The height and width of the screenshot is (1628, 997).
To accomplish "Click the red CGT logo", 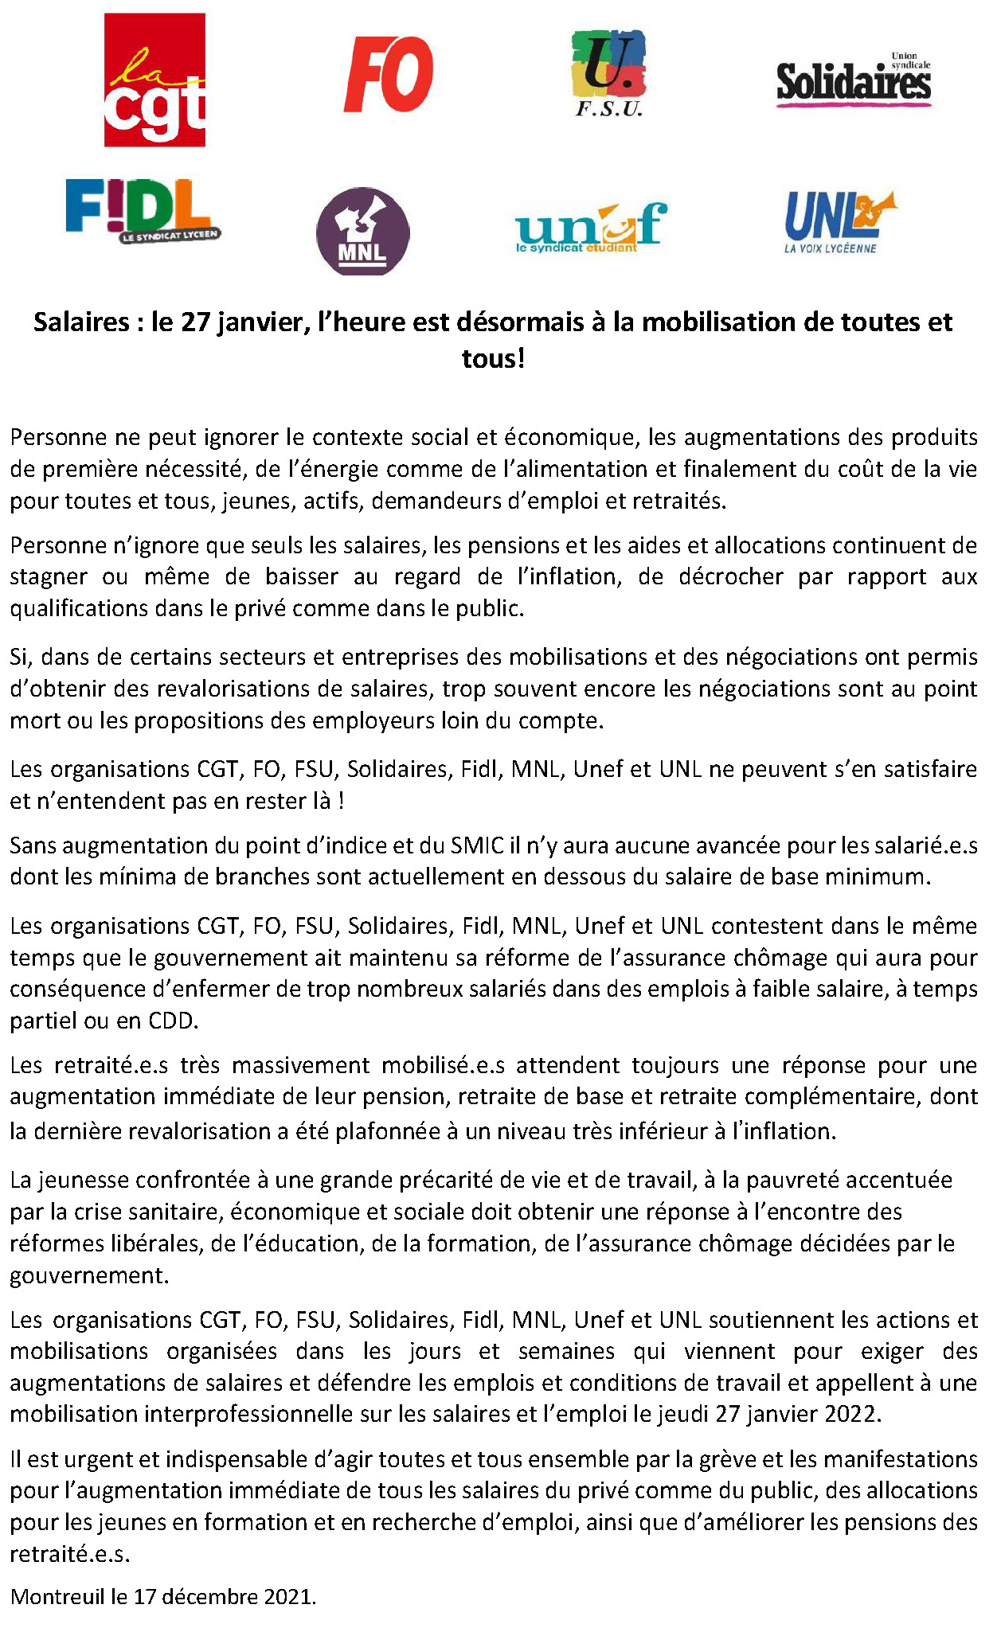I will [154, 80].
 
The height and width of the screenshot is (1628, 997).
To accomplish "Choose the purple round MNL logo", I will [363, 232].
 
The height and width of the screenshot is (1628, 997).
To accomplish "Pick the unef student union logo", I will [590, 228].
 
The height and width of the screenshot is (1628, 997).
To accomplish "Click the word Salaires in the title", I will [81, 322].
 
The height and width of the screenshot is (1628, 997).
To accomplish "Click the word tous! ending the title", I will [494, 358].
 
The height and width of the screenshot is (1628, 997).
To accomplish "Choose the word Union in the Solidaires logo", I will [905, 57].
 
